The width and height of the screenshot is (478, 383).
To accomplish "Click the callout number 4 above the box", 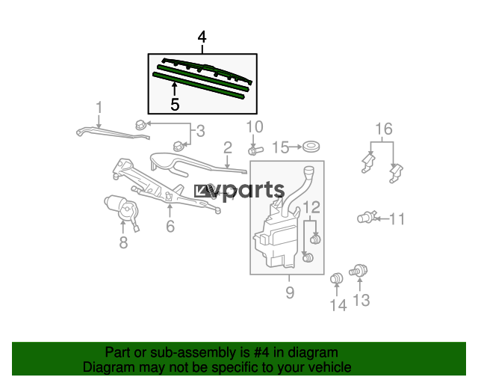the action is (x=202, y=37).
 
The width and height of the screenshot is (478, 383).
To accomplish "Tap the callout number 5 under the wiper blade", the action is (x=175, y=105).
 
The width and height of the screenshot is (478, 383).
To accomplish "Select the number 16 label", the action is (x=383, y=129).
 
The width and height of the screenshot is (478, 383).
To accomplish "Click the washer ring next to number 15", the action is (x=311, y=147).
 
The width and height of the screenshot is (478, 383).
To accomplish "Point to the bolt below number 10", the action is (x=255, y=150).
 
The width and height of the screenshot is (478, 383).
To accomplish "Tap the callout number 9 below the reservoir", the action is (x=290, y=292).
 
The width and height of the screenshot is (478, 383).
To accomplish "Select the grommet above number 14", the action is (x=336, y=278).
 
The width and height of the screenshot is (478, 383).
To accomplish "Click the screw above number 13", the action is (x=358, y=271).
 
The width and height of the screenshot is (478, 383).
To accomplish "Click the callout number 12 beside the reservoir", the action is (x=311, y=207).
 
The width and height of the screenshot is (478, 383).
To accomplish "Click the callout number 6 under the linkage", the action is (x=170, y=226).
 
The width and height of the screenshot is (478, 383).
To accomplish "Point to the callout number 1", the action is (x=99, y=108).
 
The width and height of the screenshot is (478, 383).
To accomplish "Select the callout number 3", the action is (x=200, y=131).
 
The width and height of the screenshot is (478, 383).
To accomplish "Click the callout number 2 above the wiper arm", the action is (x=228, y=147).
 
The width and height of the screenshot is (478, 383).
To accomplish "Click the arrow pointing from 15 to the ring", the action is (x=296, y=147).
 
